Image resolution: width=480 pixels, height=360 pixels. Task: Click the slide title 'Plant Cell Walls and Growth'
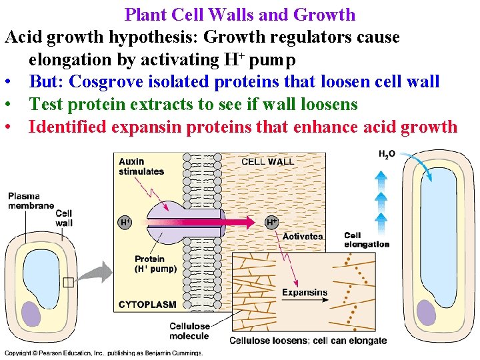(240, 14)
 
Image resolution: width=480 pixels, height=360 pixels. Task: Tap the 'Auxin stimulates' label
(141, 166)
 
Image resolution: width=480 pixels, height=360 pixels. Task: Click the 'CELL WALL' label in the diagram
(267, 161)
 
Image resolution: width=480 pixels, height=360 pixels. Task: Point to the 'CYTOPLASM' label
(147, 304)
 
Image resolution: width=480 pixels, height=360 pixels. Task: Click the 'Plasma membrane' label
(31, 201)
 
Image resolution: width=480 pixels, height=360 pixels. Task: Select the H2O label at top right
(387, 154)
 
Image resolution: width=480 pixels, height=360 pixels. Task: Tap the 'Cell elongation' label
(367, 240)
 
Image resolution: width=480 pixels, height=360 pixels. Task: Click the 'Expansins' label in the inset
(304, 292)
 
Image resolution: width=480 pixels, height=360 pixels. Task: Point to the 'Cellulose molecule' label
(189, 331)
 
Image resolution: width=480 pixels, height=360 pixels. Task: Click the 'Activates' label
(303, 237)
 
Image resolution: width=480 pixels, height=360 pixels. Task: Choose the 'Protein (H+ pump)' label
(155, 265)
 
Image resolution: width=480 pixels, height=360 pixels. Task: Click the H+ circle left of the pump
(125, 222)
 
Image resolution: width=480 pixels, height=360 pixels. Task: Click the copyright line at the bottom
(103, 353)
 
